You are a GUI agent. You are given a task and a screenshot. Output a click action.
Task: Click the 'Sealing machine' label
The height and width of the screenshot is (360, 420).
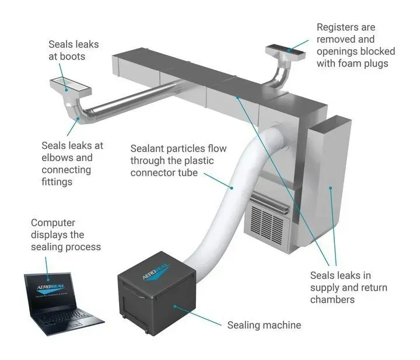(264, 325)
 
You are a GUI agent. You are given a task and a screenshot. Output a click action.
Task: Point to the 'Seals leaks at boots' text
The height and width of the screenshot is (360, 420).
(73, 51)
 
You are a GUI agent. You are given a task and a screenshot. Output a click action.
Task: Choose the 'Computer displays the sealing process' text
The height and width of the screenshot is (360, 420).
(65, 235)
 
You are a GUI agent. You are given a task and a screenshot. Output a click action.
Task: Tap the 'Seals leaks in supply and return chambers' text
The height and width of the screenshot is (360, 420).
(349, 288)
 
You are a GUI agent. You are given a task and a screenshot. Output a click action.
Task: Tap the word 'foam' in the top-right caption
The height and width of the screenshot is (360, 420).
(353, 63)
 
